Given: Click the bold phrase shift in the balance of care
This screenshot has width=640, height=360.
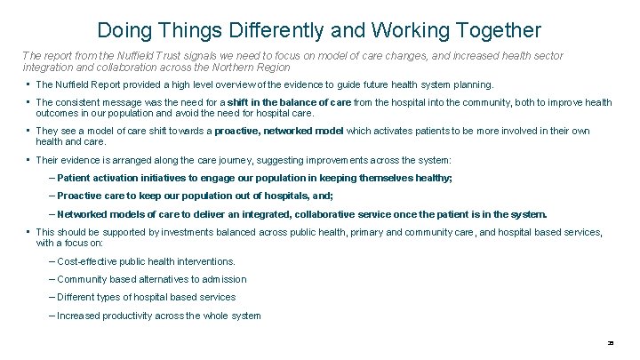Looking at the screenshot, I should (x=290, y=103).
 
